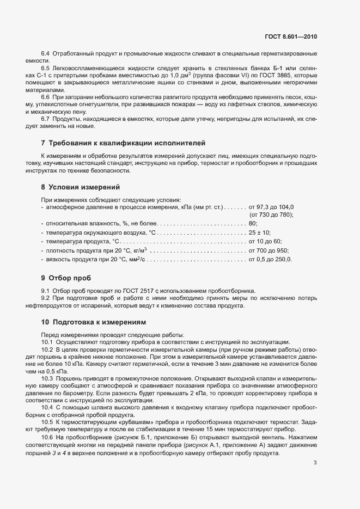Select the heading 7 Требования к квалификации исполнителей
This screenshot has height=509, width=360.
point(124,143)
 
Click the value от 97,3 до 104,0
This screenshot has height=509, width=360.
point(271,207)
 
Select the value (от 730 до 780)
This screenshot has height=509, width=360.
point(271,215)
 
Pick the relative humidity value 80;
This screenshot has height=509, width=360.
point(253,224)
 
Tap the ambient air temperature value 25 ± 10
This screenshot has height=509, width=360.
point(261,232)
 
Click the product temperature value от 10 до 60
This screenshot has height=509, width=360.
point(265,241)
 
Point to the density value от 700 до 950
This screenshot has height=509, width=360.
point(269,250)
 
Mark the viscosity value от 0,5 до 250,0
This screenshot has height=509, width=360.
point(270,259)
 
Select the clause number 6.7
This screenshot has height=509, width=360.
point(46,119)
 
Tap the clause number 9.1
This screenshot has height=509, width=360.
point(46,291)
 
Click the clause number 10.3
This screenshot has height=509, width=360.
point(47,378)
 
